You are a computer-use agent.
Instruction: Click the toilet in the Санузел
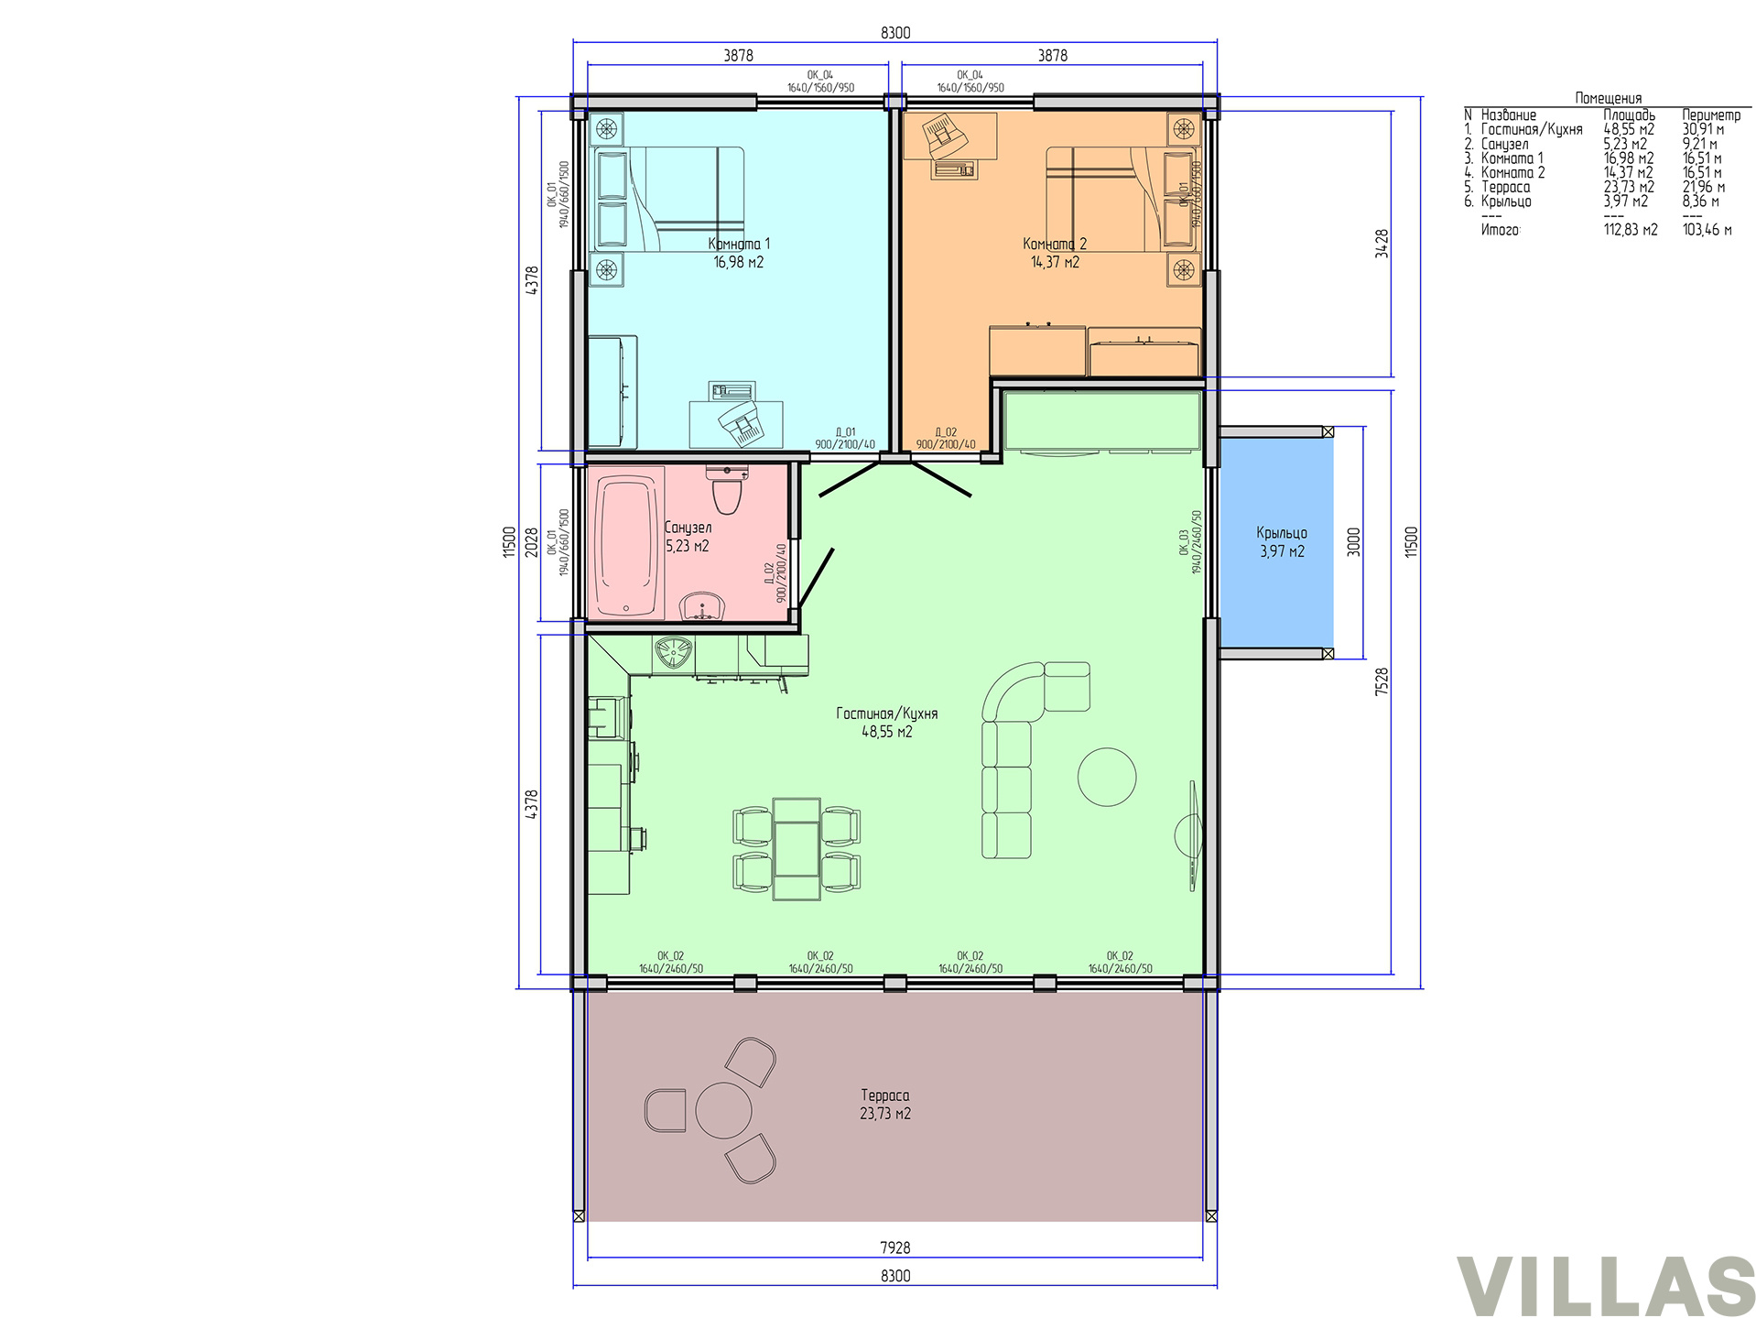tap(728, 490)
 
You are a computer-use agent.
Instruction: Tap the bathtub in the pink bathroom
tap(629, 542)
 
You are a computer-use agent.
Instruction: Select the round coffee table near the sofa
tap(1107, 777)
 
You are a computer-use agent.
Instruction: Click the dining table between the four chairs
tap(796, 848)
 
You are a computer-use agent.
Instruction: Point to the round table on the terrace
tap(723, 1110)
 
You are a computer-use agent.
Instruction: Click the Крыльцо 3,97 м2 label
tap(1282, 542)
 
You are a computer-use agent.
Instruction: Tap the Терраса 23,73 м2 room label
tap(885, 1105)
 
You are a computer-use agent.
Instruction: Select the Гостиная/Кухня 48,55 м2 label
tap(887, 722)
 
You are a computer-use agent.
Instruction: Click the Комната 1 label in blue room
tap(739, 244)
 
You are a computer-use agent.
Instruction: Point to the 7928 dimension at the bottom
tap(895, 1247)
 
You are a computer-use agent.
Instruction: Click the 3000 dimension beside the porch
tap(1354, 541)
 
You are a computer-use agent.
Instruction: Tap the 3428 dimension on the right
tap(1382, 244)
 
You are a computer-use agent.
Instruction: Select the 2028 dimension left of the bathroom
tap(532, 542)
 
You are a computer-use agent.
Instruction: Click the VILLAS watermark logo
tap(1605, 1286)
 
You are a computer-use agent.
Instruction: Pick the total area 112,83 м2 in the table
tap(1631, 230)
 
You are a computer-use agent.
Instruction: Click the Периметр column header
tap(1711, 115)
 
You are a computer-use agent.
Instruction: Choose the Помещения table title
tap(1609, 98)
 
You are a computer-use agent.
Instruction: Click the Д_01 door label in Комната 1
tap(845, 432)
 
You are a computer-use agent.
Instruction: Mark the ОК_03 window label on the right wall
tap(1183, 542)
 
